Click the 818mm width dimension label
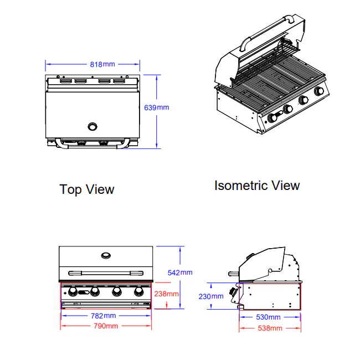[102, 64]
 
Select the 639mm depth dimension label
[157, 107]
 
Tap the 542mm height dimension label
[180, 272]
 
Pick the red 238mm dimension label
[167, 294]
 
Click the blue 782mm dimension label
[104, 316]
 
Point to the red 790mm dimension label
[106, 326]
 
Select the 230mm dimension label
[211, 296]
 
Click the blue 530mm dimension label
[268, 317]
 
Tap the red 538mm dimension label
[270, 328]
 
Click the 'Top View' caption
[87, 189]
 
